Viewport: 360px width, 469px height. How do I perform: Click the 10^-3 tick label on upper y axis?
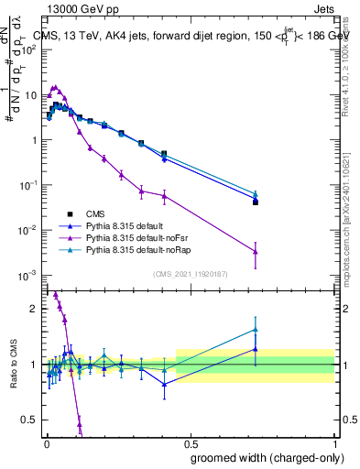(x=28, y=275)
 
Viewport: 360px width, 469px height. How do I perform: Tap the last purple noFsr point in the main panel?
(x=256, y=252)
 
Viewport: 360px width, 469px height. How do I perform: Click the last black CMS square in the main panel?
(x=256, y=202)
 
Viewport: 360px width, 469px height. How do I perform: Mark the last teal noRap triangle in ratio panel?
(x=256, y=330)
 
